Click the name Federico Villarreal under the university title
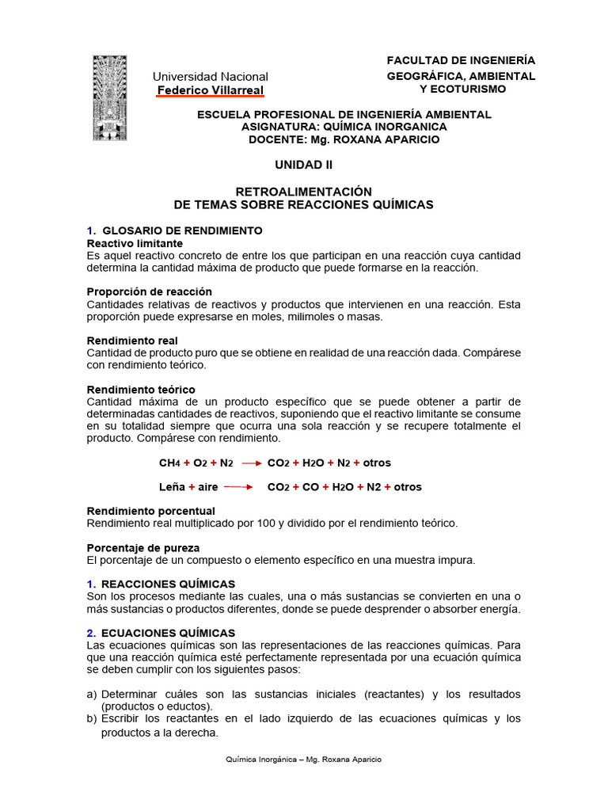point(210,90)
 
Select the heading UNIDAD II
point(303,165)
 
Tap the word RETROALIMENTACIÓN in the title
point(303,192)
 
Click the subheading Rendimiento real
point(131,341)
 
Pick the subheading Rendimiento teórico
point(141,390)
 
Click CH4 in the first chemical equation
point(170,463)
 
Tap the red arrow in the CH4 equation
point(251,463)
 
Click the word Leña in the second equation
point(172,486)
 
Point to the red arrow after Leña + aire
point(238,487)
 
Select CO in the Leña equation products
point(310,486)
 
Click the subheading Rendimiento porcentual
point(150,511)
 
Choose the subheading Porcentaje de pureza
point(142,547)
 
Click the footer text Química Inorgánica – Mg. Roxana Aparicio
point(303,759)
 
